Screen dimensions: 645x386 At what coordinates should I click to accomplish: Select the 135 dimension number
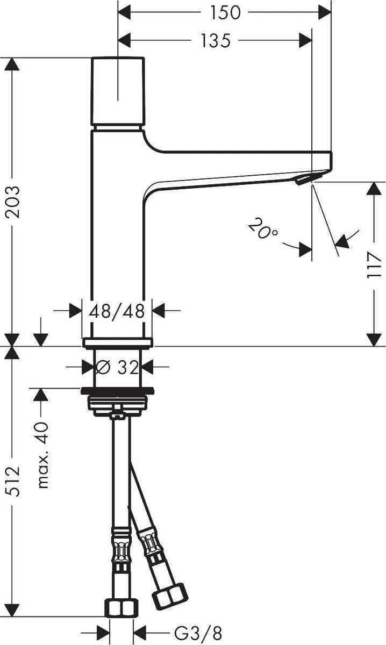(216, 40)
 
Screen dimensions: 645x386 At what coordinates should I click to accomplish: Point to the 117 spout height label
(374, 264)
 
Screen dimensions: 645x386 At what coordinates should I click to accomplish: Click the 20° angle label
(263, 230)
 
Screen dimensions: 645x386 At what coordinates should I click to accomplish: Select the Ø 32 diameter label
(117, 368)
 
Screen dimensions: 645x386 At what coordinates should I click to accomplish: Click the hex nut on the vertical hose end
(121, 607)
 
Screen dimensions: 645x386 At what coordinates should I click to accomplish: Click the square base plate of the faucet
(118, 342)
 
